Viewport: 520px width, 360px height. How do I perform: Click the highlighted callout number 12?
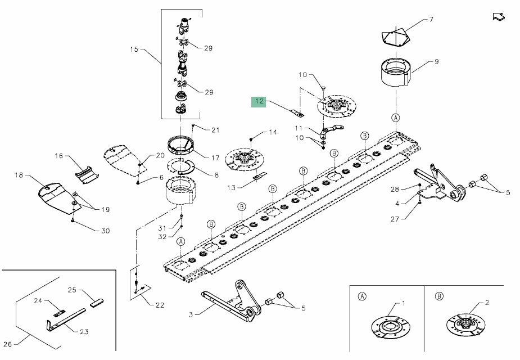coord(259,102)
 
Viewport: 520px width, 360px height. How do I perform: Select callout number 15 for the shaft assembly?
coord(134,49)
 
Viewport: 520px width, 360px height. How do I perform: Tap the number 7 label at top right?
coord(431,20)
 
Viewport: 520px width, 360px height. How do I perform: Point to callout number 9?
coord(436,61)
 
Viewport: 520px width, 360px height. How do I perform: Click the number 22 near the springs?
coord(160,305)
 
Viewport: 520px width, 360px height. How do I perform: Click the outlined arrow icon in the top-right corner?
coord(498,16)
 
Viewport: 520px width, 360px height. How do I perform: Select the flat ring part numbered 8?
coord(182,166)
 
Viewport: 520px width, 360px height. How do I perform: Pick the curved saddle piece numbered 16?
coord(87,173)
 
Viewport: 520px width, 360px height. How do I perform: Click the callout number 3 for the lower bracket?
coord(191,316)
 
